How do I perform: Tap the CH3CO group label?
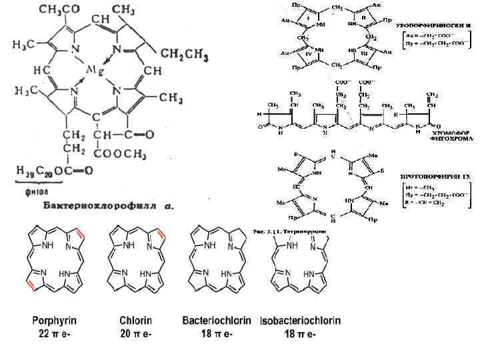click(59, 10)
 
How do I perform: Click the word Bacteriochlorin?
click(217, 321)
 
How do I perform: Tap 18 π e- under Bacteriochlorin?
click(216, 334)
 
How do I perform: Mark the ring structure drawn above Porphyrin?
click(54, 261)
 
